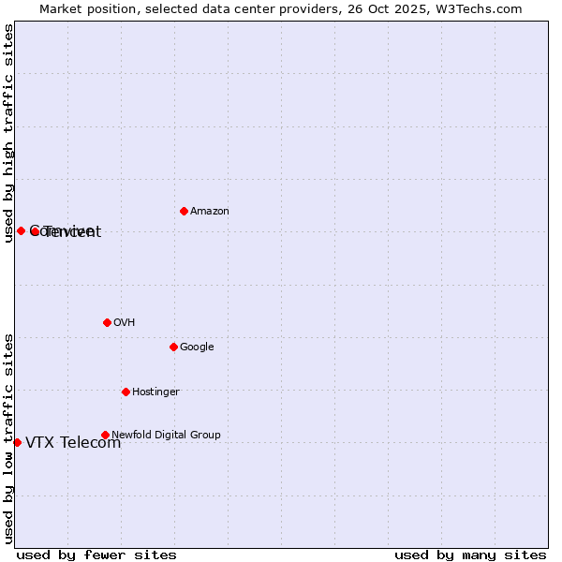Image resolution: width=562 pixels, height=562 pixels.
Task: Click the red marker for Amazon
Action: [x=184, y=211]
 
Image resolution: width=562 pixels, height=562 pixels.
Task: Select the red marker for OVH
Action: [x=107, y=322]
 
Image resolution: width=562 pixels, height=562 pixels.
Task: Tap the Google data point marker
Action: [x=173, y=347]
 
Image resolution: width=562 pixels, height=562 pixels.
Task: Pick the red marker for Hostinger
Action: [x=126, y=392]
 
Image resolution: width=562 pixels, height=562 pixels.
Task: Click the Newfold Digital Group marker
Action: [x=105, y=435]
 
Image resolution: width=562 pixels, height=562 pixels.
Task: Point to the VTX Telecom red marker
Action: [x=17, y=442]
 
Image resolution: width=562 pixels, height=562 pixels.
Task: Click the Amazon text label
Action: [x=210, y=212]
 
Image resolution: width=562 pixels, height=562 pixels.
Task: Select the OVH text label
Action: [x=125, y=323]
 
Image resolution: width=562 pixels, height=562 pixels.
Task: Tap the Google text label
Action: [x=197, y=348]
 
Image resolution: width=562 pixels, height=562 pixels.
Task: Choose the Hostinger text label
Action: [x=155, y=392]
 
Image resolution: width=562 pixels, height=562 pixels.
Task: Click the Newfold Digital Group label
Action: [x=166, y=436]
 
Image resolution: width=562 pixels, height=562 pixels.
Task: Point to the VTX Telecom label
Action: [x=73, y=443]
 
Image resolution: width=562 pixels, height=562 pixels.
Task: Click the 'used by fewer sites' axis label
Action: [x=96, y=555]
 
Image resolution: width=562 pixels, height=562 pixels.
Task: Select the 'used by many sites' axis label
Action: [x=470, y=555]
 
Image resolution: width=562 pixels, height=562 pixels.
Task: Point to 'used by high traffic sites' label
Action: [x=9, y=134]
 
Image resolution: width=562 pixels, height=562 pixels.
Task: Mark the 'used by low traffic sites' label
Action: [x=9, y=437]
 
